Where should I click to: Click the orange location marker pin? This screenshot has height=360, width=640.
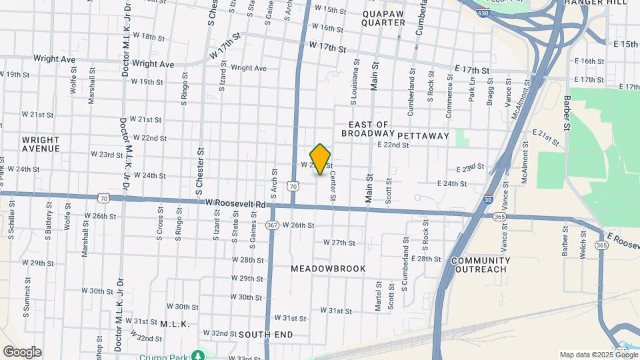point(321,159)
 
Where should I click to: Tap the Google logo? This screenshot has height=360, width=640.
point(22,352)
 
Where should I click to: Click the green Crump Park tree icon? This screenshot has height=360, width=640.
point(199,355)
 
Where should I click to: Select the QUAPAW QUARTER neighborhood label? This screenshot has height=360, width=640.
point(383,17)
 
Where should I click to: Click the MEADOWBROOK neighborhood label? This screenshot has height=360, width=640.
point(329,268)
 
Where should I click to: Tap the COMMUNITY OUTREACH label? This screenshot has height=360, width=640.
point(480,265)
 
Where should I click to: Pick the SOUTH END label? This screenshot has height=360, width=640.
point(265,333)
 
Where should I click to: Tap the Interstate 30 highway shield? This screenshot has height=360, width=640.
point(489,198)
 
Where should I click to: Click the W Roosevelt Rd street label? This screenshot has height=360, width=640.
point(235,203)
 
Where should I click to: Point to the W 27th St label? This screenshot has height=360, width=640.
point(339,243)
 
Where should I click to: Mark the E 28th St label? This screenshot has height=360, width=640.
point(427,258)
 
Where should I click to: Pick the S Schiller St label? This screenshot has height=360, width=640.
point(11,226)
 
